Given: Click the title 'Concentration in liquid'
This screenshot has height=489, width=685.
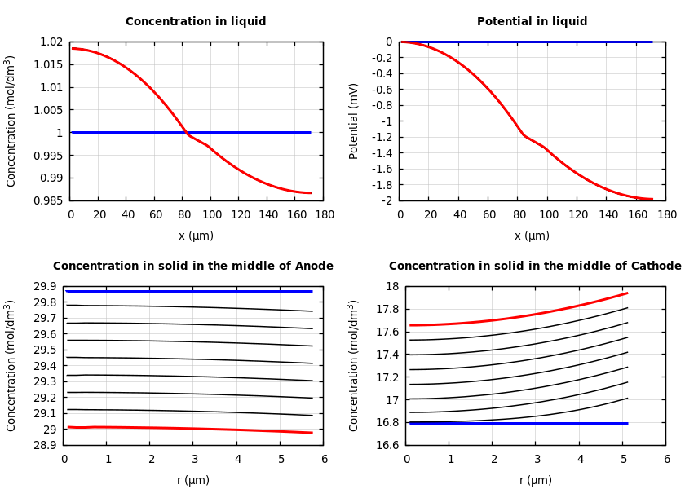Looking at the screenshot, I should [x=196, y=22].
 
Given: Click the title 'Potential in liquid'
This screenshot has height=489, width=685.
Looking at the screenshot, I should [x=532, y=22].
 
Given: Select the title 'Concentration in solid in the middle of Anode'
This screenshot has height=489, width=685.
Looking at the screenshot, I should [x=193, y=267].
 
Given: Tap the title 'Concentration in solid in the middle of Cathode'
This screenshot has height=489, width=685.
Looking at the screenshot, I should [x=535, y=267].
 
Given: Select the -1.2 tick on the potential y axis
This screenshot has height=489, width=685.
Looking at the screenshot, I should [x=381, y=137].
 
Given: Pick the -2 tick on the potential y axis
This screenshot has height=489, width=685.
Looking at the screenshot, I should [x=387, y=200].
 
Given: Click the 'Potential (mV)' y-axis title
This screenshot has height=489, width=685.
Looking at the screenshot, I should [x=354, y=121].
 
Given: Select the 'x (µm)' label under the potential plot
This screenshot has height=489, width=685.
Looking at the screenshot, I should [x=532, y=236].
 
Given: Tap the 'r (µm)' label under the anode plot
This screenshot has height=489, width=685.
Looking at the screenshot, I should [x=193, y=481].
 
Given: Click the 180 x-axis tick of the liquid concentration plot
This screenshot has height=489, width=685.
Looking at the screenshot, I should [x=324, y=215].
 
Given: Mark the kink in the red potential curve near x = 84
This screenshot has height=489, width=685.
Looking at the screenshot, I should [x=524, y=134].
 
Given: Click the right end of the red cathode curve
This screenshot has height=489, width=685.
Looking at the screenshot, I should [x=626, y=293].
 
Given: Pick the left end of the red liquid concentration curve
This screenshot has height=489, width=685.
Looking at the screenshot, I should [x=72, y=48].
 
